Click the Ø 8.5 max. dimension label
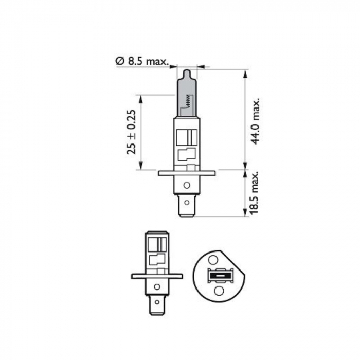tap(142, 61)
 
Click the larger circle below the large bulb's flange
tap(187, 185)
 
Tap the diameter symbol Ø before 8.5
tap(119, 61)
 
